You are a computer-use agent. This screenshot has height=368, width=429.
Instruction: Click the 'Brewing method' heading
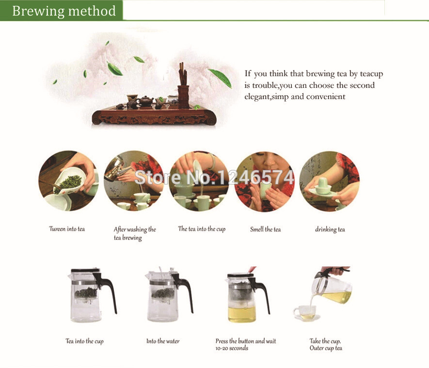click(64, 11)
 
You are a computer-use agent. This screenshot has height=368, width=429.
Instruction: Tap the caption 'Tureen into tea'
click(67, 229)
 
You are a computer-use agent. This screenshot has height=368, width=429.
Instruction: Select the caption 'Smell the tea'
click(265, 229)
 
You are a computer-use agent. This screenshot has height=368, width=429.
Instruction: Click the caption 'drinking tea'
click(330, 229)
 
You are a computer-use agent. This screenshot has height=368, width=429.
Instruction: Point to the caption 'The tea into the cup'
click(202, 229)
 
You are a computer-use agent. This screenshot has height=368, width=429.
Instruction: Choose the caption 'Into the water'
click(163, 341)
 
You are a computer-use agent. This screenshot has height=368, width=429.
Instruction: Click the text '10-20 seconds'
click(232, 348)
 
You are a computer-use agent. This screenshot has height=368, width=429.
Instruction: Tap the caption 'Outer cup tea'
click(326, 348)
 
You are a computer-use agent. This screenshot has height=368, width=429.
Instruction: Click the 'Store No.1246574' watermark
click(214, 177)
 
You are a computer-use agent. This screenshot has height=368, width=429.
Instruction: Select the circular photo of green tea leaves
click(68, 181)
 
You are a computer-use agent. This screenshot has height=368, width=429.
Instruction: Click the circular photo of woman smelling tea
click(265, 181)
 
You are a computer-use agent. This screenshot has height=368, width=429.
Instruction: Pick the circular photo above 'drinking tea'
click(330, 181)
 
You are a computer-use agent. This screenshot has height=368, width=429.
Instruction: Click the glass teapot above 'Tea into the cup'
click(92, 295)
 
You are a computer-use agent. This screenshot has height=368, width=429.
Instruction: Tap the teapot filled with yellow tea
click(248, 297)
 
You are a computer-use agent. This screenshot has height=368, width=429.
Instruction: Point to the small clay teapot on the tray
click(145, 101)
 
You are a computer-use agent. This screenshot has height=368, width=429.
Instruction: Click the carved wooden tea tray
click(154, 115)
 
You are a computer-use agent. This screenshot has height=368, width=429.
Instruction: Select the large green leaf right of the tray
click(220, 77)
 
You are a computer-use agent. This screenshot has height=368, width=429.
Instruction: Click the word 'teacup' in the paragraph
click(371, 74)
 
